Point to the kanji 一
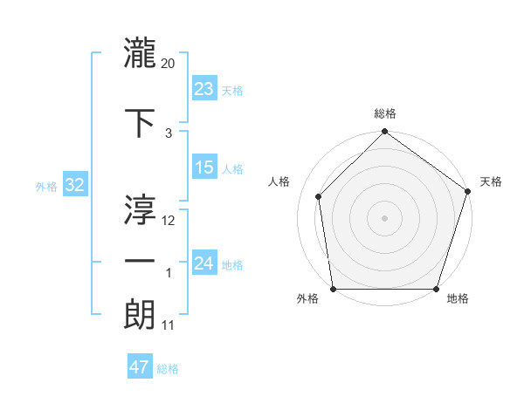pyautogui.click(x=141, y=261)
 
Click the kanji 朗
pyautogui.click(x=141, y=314)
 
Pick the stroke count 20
pyautogui.click(x=169, y=63)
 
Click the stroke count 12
pyautogui.click(x=169, y=220)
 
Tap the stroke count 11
pyautogui.click(x=169, y=325)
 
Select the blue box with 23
pyautogui.click(x=204, y=88)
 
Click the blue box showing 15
pyautogui.click(x=204, y=167)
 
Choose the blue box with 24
pyautogui.click(x=204, y=263)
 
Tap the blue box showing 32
pyautogui.click(x=75, y=185)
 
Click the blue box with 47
pyautogui.click(x=140, y=367)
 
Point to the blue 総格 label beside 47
pyautogui.click(x=168, y=369)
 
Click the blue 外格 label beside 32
pyautogui.click(x=46, y=186)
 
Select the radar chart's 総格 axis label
pyautogui.click(x=384, y=113)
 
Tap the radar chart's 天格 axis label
pyautogui.click(x=491, y=181)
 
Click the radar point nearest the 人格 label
pyautogui.click(x=318, y=196)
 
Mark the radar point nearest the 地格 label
pyautogui.click(x=436, y=289)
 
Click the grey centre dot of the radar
pyautogui.click(x=384, y=217)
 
